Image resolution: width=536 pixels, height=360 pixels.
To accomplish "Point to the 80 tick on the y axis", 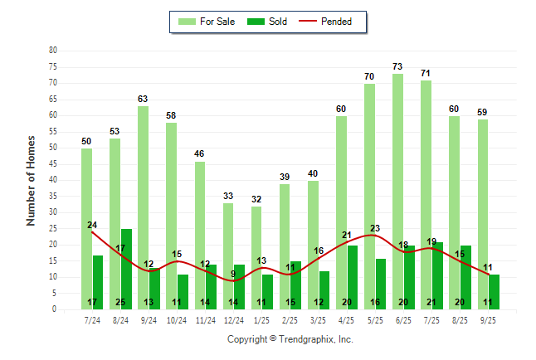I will (53, 51).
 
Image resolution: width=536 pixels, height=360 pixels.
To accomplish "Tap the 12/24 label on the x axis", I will (234, 319).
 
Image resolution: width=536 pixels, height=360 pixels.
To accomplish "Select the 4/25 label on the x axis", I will (347, 319).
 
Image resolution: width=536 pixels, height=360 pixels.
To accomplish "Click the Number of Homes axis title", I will (31, 180).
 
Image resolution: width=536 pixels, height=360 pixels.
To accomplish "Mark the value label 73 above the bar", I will (398, 66).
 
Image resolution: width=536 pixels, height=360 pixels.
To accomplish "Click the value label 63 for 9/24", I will (144, 99).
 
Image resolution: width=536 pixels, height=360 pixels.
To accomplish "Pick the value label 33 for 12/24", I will (228, 196).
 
